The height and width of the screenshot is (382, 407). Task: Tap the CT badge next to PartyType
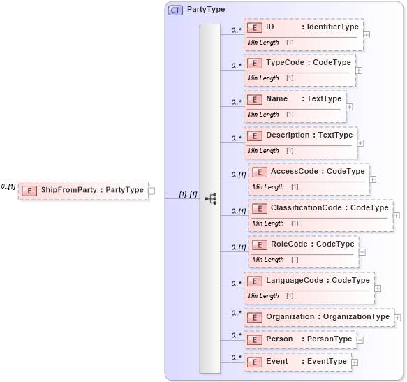point(175,10)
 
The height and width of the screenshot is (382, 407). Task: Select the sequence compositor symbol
point(210,199)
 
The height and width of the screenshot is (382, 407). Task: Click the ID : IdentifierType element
point(303,27)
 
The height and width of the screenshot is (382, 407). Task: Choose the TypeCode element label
point(299,63)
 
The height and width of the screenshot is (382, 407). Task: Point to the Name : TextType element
point(295,99)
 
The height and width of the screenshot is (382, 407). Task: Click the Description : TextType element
point(300,135)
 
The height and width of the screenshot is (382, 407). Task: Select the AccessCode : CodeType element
point(308,172)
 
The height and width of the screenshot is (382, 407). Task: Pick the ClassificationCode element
point(320,208)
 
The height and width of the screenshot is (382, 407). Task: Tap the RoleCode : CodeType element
point(304,244)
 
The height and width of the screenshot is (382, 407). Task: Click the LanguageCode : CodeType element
point(309,281)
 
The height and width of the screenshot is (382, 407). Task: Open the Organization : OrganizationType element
point(318,317)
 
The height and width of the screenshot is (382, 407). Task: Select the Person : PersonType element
point(299,339)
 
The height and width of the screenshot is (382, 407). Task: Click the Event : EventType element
point(297,362)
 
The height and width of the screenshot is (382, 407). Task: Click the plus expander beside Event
point(355,362)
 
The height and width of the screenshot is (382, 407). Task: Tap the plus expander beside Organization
point(398,318)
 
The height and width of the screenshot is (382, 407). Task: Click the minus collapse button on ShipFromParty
point(151,190)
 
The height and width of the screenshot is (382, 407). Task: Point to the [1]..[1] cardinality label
point(188,194)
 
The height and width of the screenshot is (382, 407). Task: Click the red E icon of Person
point(255,339)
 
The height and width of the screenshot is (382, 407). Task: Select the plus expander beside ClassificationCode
point(397,216)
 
